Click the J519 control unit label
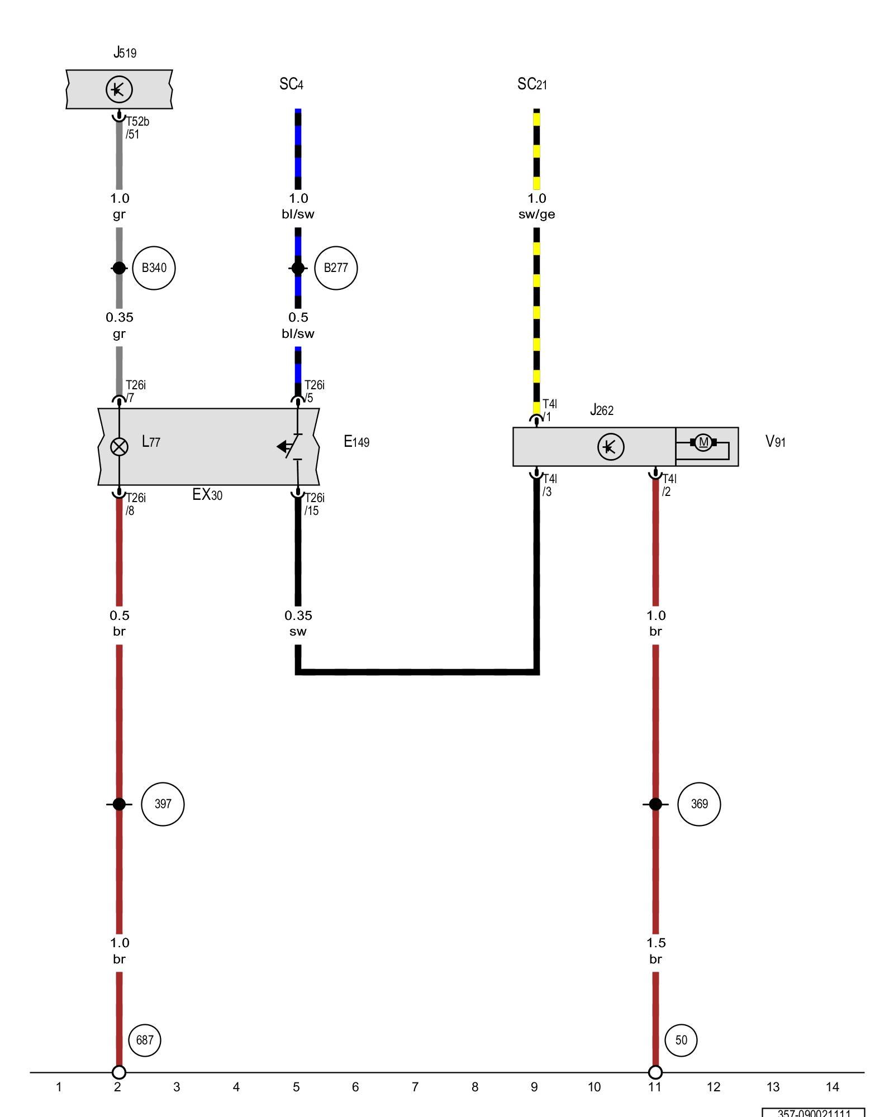click(125, 53)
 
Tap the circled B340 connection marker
click(154, 268)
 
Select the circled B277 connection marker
click(336, 268)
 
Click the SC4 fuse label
click(291, 84)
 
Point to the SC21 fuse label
click(532, 84)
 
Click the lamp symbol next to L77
click(119, 447)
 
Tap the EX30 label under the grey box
click(207, 495)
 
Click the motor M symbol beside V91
click(703, 443)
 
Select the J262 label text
click(602, 410)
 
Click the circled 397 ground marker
click(163, 804)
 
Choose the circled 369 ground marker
click(699, 804)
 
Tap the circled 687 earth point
click(145, 1040)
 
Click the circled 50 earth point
click(681, 1040)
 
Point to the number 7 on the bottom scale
click(415, 1087)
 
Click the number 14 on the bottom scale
click(833, 1087)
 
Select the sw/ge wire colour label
click(536, 214)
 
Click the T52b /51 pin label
click(137, 128)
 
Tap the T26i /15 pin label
click(314, 504)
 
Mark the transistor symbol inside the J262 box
click(611, 447)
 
